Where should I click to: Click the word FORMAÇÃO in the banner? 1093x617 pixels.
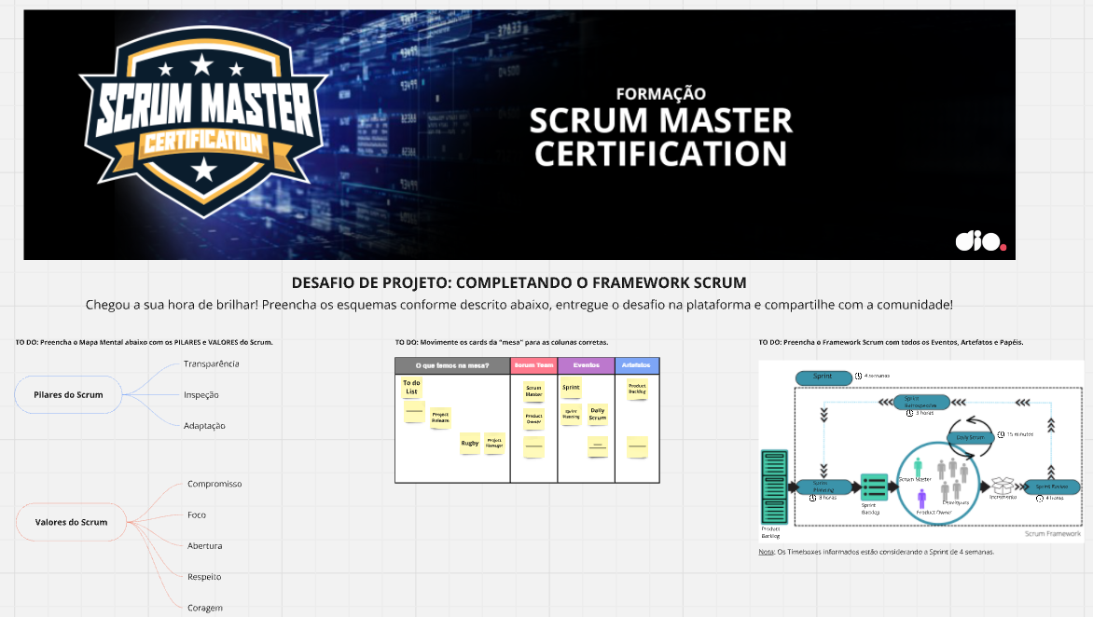tap(660, 93)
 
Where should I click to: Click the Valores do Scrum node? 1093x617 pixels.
tap(71, 522)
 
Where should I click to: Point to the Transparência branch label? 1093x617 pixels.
tap(212, 363)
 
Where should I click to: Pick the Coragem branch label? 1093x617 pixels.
tap(204, 608)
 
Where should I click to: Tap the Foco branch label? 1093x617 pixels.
tap(197, 515)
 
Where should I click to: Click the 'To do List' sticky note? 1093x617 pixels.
tap(411, 387)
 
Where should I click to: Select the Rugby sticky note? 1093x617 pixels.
tap(469, 444)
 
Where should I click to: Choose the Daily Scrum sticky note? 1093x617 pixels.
tap(598, 414)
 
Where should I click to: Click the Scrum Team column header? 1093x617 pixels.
tap(533, 365)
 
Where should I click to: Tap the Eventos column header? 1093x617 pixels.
tap(586, 365)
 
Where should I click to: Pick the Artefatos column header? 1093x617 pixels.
tap(637, 365)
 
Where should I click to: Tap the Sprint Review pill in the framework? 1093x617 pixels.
tap(1052, 487)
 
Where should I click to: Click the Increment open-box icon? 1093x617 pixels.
tap(1003, 486)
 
